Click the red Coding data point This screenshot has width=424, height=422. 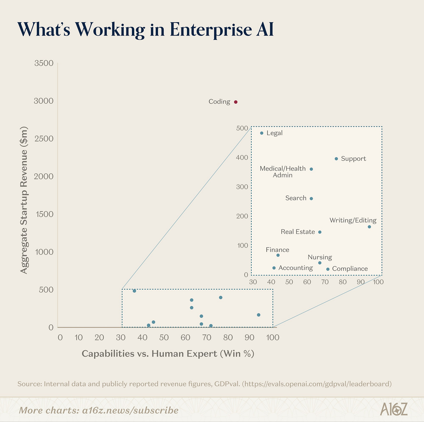tap(236, 102)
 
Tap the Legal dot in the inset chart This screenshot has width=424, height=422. tap(262, 133)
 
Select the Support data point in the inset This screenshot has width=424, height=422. tap(336, 159)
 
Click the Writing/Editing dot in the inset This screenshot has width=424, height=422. tap(369, 227)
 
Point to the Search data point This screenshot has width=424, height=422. tap(311, 199)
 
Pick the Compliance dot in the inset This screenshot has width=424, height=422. tap(328, 269)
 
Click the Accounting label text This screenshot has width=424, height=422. tap(295, 268)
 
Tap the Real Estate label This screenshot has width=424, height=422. tap(298, 232)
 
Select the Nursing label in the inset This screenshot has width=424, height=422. tap(320, 257)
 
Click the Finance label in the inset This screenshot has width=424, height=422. tap(277, 250)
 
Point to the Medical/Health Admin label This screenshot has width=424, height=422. tap(282, 172)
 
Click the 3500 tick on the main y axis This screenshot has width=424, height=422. tap(44, 63)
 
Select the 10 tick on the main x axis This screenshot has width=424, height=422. tap(78, 338)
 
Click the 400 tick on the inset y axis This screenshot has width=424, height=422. tap(241, 158)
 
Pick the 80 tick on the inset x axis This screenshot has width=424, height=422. tap(343, 282)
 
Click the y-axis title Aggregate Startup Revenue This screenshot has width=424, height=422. tap(24, 200)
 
